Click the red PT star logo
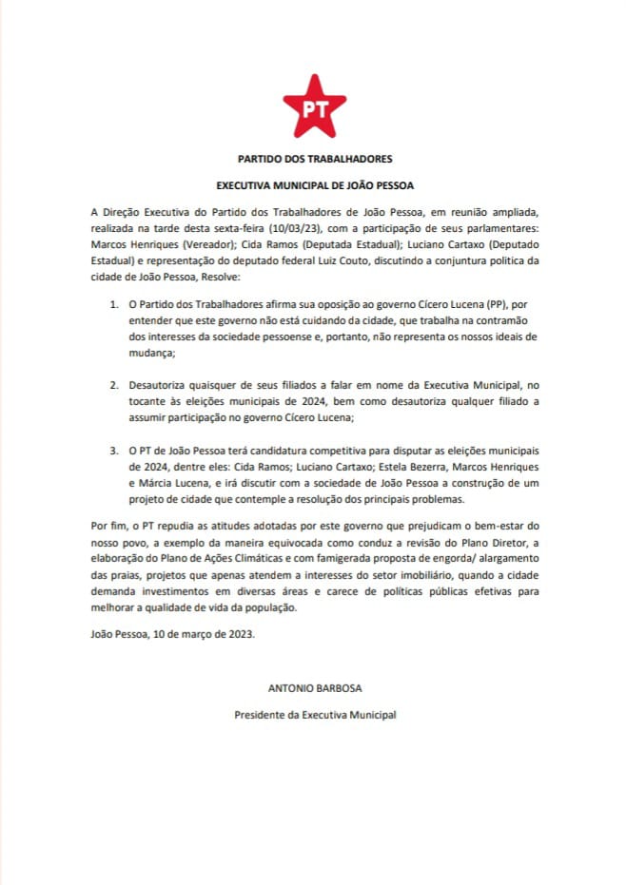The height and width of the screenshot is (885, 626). (314, 107)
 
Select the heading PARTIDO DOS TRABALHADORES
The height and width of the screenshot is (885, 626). (314, 159)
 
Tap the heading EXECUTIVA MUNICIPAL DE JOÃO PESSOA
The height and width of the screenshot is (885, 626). (314, 185)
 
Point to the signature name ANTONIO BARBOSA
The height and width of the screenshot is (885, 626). (314, 686)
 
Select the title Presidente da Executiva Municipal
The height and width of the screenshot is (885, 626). (314, 714)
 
